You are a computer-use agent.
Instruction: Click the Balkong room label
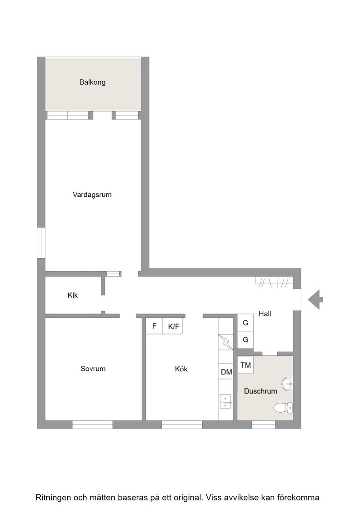[93, 82]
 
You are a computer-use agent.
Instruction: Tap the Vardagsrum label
[92, 195]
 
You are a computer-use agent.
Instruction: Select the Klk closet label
[73, 295]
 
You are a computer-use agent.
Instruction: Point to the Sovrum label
[93, 369]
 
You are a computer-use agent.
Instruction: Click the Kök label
[181, 369]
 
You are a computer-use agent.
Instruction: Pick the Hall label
[265, 314]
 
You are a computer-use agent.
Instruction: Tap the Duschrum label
[260, 391]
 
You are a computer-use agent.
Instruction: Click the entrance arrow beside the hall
[315, 299]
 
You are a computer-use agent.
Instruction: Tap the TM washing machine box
[245, 365]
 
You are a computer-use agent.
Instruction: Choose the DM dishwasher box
[226, 372]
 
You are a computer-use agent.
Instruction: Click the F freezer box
[155, 326]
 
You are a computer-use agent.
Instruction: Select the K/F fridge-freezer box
[173, 326]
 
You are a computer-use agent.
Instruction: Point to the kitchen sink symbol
[225, 401]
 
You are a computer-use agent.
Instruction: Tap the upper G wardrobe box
[245, 323]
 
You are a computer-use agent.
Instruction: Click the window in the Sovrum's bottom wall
[93, 424]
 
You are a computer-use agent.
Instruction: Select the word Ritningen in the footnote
[53, 497]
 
